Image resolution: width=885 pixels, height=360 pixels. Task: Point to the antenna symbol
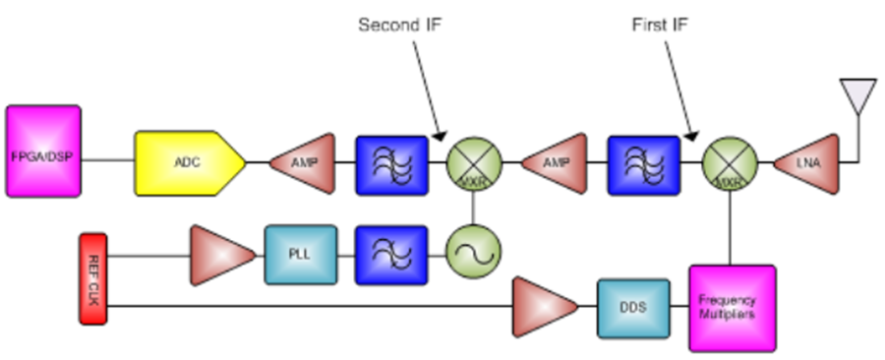[x=856, y=98]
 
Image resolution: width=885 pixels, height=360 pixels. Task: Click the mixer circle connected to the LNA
[x=730, y=162]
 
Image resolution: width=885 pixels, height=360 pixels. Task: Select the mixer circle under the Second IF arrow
[x=475, y=162]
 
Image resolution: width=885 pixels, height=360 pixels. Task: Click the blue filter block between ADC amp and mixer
[x=391, y=162]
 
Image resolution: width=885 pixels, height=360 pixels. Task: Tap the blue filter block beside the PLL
[x=391, y=255]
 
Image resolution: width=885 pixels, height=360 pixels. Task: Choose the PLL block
[x=301, y=255]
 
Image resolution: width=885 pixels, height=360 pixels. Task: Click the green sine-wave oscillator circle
[x=474, y=255]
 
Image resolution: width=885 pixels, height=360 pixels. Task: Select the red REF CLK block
[x=91, y=279]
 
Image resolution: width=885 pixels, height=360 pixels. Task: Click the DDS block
[x=633, y=308]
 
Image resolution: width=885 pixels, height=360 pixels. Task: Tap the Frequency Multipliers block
[x=732, y=308]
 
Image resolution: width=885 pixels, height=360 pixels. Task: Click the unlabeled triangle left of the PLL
[x=221, y=255]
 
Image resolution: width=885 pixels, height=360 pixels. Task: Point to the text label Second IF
[x=398, y=24]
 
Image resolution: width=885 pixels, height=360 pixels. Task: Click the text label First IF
[x=654, y=24]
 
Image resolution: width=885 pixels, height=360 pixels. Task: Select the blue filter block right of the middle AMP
[x=645, y=162]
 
